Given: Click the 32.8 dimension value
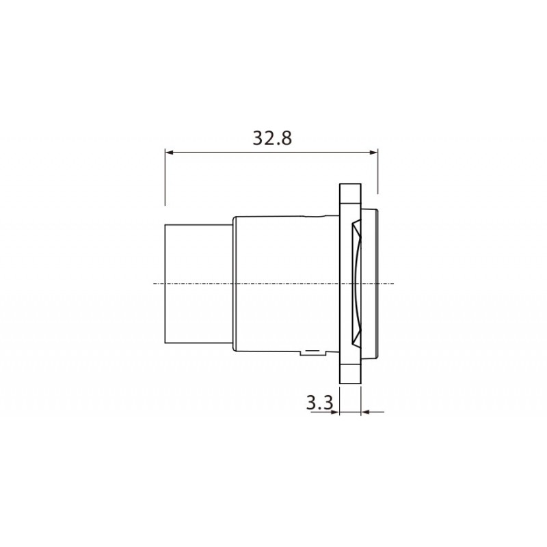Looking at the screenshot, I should (272, 138).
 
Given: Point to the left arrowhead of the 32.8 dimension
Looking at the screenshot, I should (169, 152).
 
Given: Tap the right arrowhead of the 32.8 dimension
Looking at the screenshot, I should (374, 152).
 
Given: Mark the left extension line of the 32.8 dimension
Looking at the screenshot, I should (165, 178).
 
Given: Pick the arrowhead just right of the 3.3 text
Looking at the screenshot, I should (336, 412).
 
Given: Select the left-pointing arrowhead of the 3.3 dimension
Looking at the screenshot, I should (364, 412).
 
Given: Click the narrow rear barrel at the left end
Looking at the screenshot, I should (196, 283).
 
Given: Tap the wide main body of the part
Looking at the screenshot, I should (284, 283).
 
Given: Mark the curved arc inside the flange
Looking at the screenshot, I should (357, 283).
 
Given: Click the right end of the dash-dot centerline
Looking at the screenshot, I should (394, 283).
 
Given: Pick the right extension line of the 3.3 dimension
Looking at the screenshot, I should (360, 400).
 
